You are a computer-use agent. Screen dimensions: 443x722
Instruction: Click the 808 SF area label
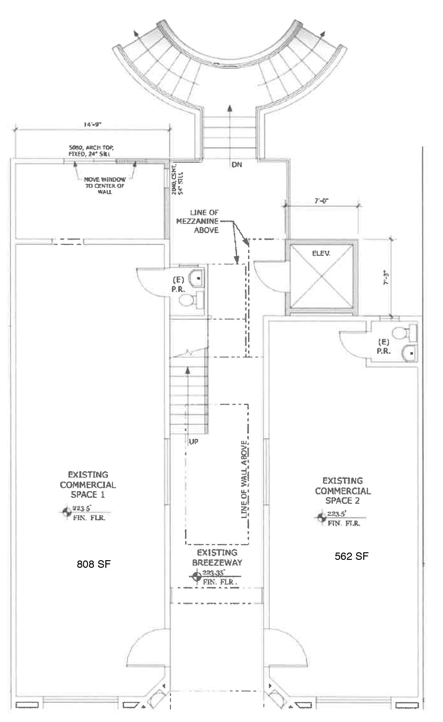[x=94, y=564]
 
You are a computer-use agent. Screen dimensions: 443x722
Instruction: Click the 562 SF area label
[x=352, y=556]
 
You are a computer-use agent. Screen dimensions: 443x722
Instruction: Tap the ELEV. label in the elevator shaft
[x=321, y=253]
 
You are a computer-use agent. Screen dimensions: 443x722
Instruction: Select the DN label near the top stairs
[x=237, y=165]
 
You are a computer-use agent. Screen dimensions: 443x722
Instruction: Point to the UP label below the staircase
[x=193, y=441]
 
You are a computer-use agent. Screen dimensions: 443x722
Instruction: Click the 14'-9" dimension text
[x=92, y=125]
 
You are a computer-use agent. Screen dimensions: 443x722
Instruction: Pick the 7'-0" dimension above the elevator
[x=322, y=201]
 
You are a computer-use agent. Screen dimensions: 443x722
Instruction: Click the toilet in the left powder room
[x=189, y=300]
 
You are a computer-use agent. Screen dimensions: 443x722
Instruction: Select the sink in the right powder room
[x=409, y=352]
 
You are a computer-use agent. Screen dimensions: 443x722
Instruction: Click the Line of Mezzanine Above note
[x=197, y=221]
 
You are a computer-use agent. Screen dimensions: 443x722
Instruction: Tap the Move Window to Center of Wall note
[x=105, y=186]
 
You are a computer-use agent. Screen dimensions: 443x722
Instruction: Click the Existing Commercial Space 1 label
[x=88, y=484]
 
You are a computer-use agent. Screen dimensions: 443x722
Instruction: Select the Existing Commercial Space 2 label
[x=343, y=491]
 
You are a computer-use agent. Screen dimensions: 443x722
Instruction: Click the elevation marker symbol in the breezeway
[x=197, y=577]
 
